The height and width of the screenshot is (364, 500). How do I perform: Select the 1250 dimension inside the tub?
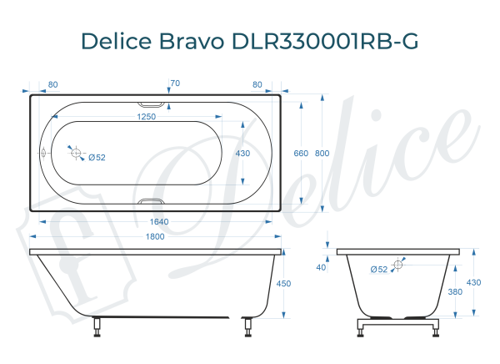[x=147, y=117]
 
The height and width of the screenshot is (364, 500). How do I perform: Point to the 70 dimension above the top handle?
[x=174, y=83]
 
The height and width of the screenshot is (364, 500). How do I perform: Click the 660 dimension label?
[x=302, y=154]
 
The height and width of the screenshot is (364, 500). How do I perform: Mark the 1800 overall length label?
[x=155, y=237]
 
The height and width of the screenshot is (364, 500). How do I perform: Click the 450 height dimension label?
[x=283, y=284]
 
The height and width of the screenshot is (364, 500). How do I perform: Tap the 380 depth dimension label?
[x=456, y=292]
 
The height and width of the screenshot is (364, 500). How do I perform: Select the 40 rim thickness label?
[x=322, y=267]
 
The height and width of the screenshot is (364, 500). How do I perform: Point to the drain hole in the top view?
[x=76, y=154]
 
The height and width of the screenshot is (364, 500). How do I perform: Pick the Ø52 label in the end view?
[x=379, y=269]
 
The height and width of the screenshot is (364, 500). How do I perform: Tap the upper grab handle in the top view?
[x=152, y=103]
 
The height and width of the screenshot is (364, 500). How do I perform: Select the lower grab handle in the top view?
[x=152, y=202]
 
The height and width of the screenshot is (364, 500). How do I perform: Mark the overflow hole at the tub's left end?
[x=44, y=154]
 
